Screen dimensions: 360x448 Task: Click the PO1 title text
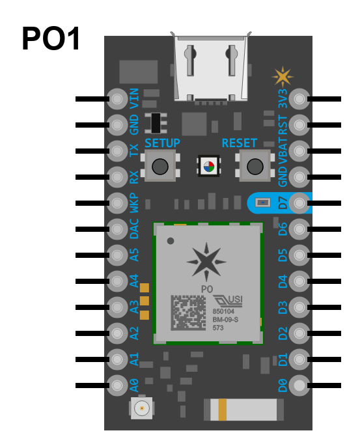tap(51, 38)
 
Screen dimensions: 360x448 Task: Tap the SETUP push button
tap(160, 165)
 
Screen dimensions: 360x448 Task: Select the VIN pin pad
tap(117, 99)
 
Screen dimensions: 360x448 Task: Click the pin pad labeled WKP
tap(117, 203)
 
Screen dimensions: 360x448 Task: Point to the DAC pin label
tap(134, 229)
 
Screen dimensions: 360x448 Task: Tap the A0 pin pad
tap(117, 385)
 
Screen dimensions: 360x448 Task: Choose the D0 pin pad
tap(299, 385)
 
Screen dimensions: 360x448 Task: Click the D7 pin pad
tap(299, 203)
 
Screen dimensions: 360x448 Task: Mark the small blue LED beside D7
tap(262, 203)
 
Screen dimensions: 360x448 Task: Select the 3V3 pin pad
tap(299, 99)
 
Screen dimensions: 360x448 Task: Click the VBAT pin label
tap(283, 152)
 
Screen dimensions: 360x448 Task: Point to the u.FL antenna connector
tap(142, 408)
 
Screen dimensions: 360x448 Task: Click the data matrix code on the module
tap(188, 313)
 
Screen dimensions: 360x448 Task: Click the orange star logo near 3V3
tap(283, 77)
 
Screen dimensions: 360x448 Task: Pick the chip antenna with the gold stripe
tap(243, 410)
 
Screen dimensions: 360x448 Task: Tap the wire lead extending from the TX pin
tap(92, 151)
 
